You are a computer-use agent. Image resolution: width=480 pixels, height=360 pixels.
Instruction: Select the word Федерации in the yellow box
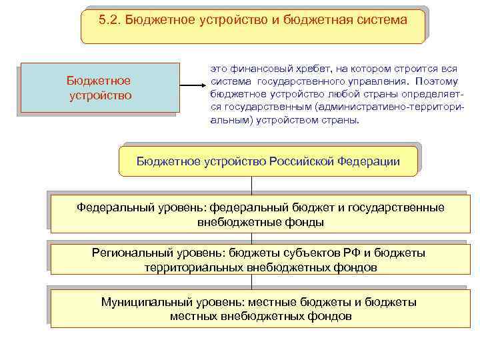tap(367, 161)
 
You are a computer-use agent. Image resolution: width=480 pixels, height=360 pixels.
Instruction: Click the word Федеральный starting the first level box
tap(112, 208)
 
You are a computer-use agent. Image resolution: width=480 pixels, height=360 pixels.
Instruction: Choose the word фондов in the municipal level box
tap(326, 316)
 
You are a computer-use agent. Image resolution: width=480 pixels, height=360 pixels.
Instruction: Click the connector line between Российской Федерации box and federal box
tap(251, 185)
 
